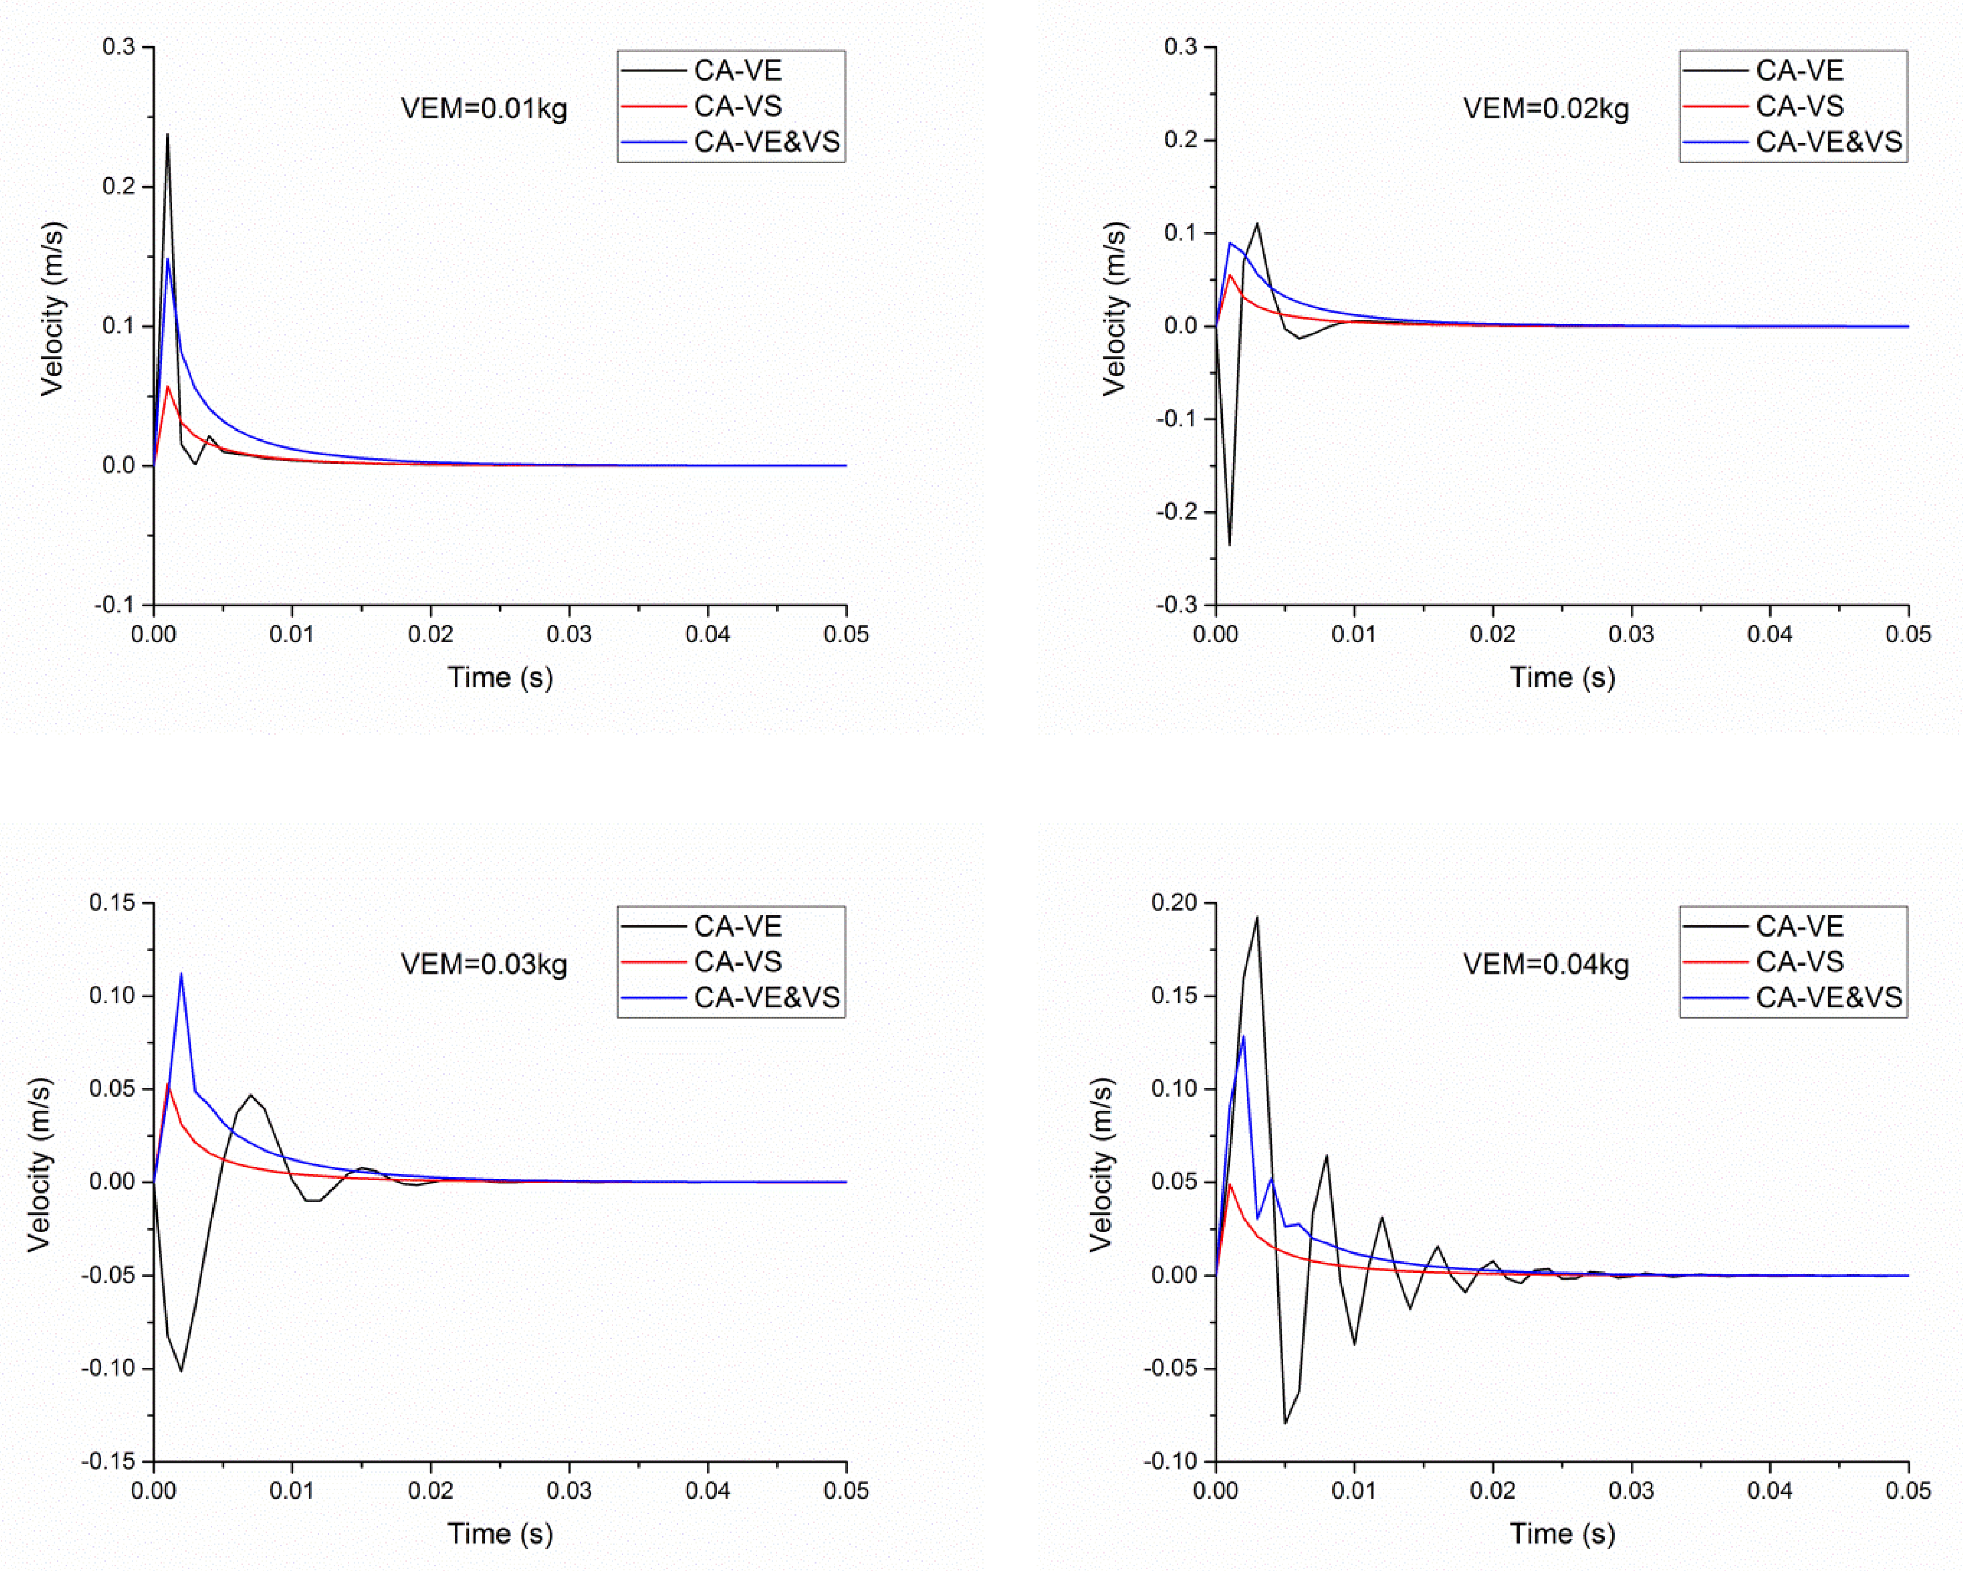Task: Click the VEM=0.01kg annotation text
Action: [x=484, y=109]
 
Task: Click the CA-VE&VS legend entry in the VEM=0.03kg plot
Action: [x=766, y=997]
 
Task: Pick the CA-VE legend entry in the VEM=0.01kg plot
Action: [x=737, y=71]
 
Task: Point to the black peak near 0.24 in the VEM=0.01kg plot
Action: [x=168, y=135]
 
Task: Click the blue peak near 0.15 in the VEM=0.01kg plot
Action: [x=168, y=259]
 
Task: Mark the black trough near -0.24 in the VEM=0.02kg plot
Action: [x=1229, y=544]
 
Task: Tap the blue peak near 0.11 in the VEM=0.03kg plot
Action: [x=181, y=974]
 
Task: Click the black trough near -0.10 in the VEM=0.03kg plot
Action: [x=181, y=1371]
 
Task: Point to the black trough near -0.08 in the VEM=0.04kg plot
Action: [x=1285, y=1423]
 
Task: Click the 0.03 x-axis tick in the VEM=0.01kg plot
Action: [x=569, y=634]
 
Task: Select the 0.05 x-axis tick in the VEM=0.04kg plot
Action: [x=1908, y=1490]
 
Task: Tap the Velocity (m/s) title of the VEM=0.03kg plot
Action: [x=38, y=1165]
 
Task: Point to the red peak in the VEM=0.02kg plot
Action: [x=1229, y=274]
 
